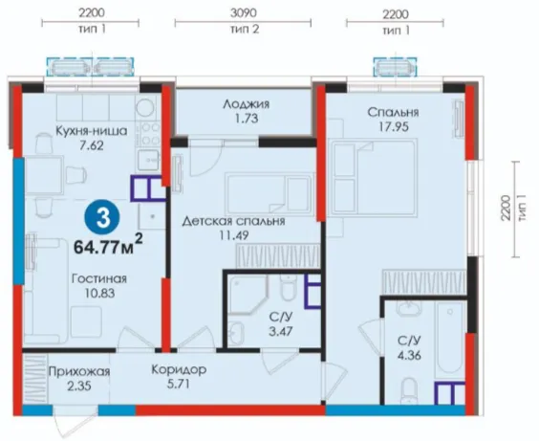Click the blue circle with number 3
(x=103, y=218)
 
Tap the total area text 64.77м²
(x=108, y=245)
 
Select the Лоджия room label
(x=247, y=104)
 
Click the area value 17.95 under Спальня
(x=394, y=126)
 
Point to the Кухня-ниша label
(x=92, y=131)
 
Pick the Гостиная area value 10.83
(x=99, y=294)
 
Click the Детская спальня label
(x=233, y=221)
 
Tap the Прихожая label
(x=79, y=371)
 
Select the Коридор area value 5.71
(x=179, y=384)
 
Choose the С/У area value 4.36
(x=409, y=355)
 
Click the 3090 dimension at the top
(x=243, y=13)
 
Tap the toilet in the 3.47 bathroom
(x=288, y=287)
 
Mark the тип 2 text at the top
(x=244, y=30)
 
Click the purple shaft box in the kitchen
(x=146, y=188)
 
